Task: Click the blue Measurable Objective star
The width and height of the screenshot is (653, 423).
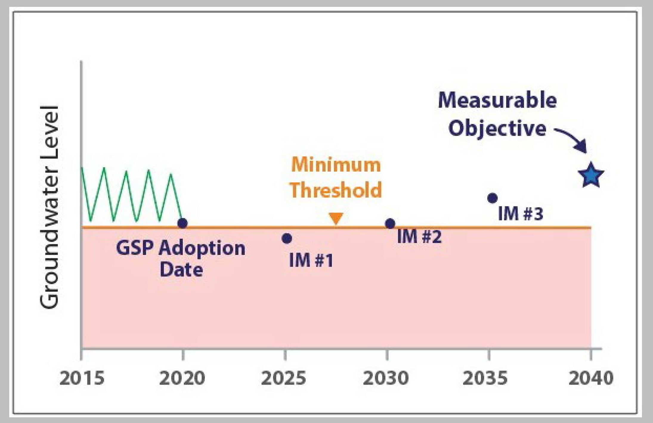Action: pyautogui.click(x=591, y=175)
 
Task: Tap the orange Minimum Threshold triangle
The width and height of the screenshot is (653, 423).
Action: pyautogui.click(x=336, y=218)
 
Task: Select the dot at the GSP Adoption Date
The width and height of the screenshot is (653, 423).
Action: pyautogui.click(x=182, y=223)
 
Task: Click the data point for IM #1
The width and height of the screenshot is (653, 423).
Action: pyautogui.click(x=287, y=238)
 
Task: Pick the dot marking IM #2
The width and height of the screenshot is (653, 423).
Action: pyautogui.click(x=390, y=223)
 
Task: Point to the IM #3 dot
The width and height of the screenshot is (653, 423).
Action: pyautogui.click(x=492, y=198)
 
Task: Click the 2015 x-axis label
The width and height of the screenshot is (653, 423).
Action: pyautogui.click(x=82, y=378)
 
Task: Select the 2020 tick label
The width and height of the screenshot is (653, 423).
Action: pyautogui.click(x=182, y=378)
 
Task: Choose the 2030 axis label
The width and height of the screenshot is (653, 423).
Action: pyautogui.click(x=386, y=378)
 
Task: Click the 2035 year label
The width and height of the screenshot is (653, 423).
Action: pyautogui.click(x=485, y=378)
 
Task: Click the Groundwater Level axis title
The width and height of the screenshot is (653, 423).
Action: pyautogui.click(x=49, y=207)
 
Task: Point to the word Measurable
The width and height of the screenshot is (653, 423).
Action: pyautogui.click(x=497, y=100)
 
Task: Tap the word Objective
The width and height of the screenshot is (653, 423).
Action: pyautogui.click(x=497, y=129)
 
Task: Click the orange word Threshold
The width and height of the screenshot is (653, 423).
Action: pyautogui.click(x=336, y=190)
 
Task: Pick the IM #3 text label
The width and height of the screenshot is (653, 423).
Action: pyautogui.click(x=521, y=214)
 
